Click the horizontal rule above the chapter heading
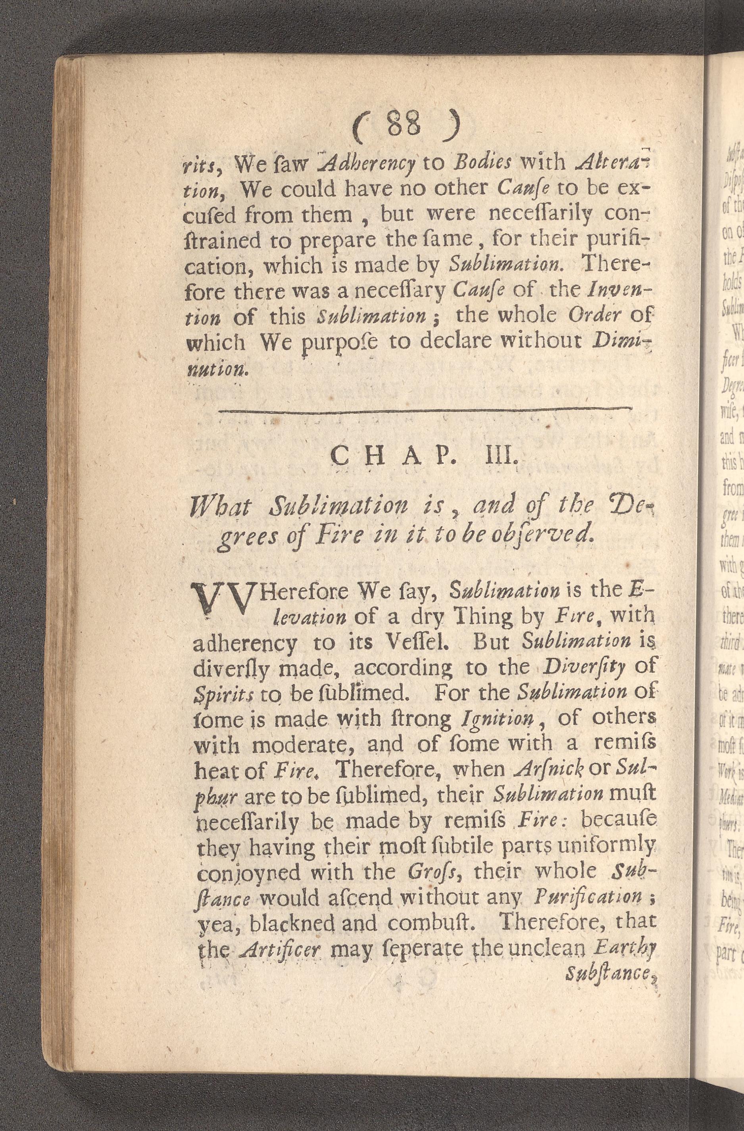[x=426, y=408]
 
